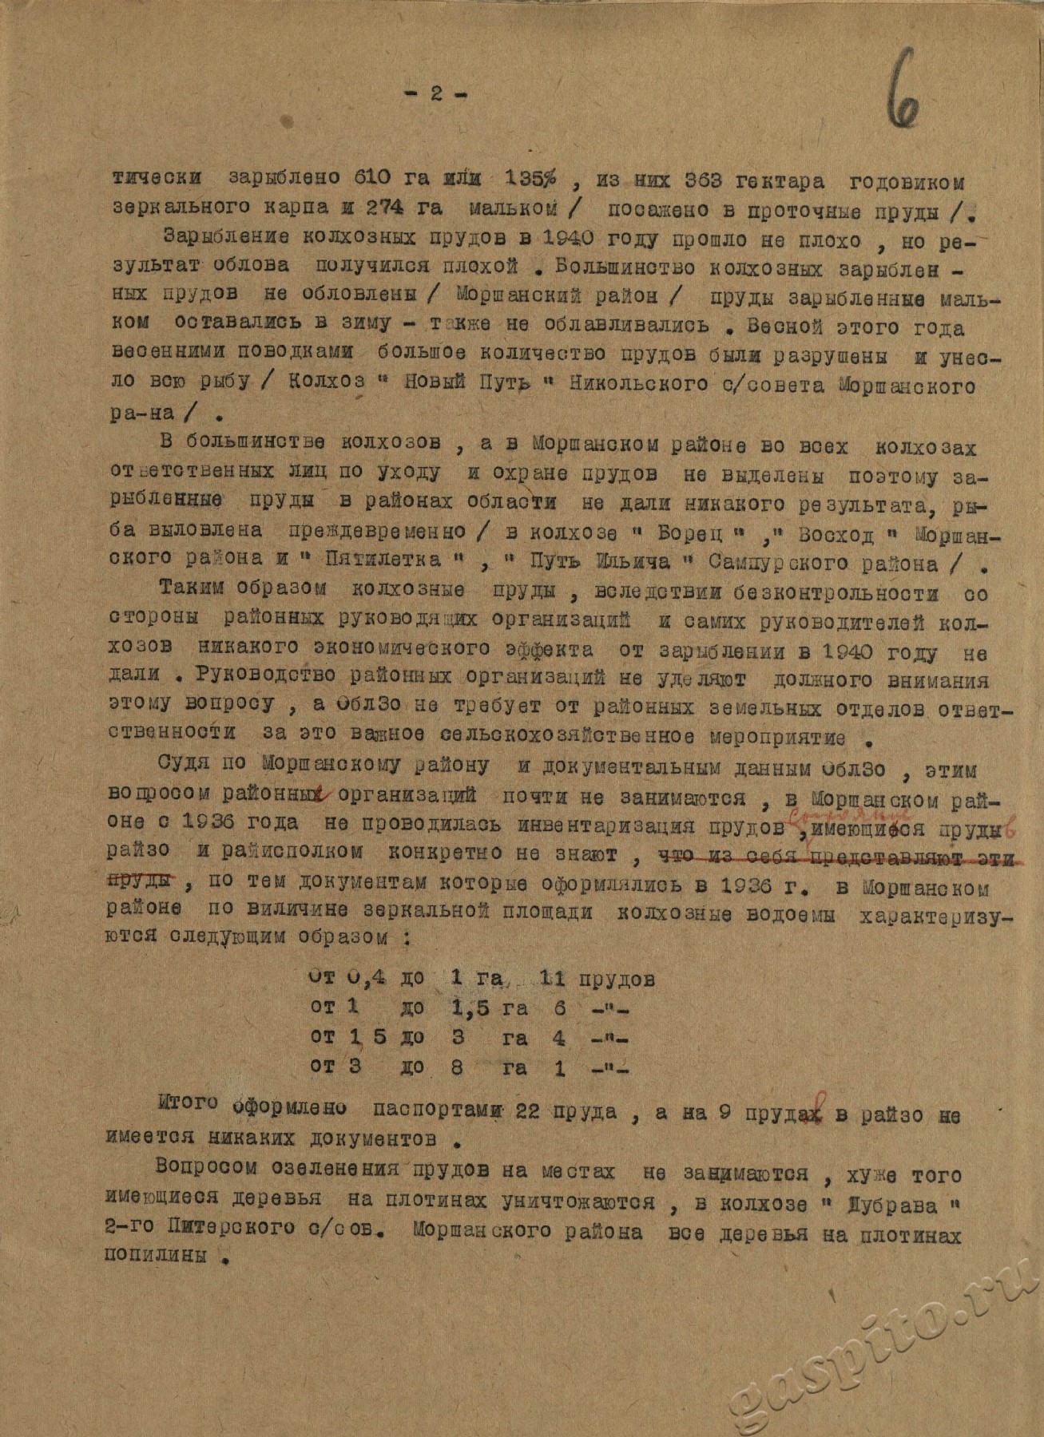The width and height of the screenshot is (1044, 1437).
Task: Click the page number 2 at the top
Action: [x=435, y=93]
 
